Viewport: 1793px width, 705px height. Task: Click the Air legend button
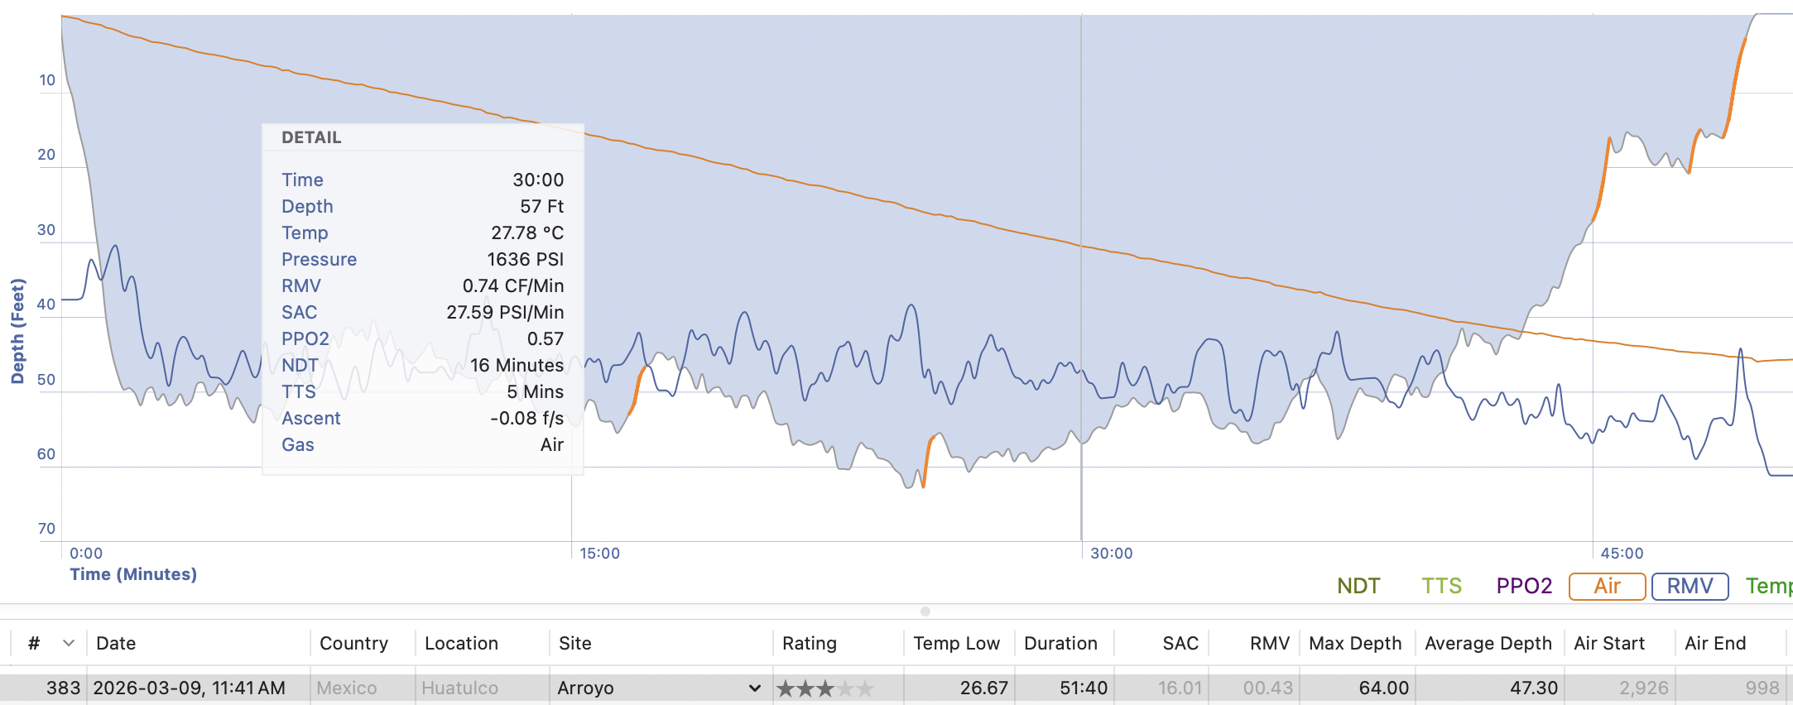click(1607, 586)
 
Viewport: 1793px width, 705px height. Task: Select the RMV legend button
click(1690, 586)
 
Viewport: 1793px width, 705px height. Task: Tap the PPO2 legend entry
click(1524, 586)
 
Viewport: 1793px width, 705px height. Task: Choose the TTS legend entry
click(1441, 586)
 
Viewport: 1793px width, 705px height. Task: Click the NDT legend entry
click(1358, 586)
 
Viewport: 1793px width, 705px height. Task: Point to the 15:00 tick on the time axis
click(599, 553)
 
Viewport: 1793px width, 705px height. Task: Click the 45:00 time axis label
click(1621, 553)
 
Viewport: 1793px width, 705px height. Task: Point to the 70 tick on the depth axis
click(46, 528)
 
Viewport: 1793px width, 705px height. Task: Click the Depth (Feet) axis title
click(17, 331)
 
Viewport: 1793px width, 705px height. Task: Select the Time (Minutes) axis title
click(133, 574)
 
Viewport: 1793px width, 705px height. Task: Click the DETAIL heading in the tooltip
click(311, 137)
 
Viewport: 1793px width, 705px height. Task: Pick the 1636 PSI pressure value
click(525, 259)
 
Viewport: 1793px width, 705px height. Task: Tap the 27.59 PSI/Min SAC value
click(505, 312)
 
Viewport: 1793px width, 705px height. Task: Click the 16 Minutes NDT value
click(517, 365)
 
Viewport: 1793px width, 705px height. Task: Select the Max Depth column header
click(1355, 643)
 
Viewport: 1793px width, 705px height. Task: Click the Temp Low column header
click(956, 643)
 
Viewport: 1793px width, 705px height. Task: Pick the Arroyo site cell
click(586, 688)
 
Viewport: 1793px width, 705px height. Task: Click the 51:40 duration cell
click(1084, 688)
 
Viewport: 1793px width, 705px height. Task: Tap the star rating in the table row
click(824, 688)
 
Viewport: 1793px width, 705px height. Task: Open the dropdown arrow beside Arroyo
click(754, 688)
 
